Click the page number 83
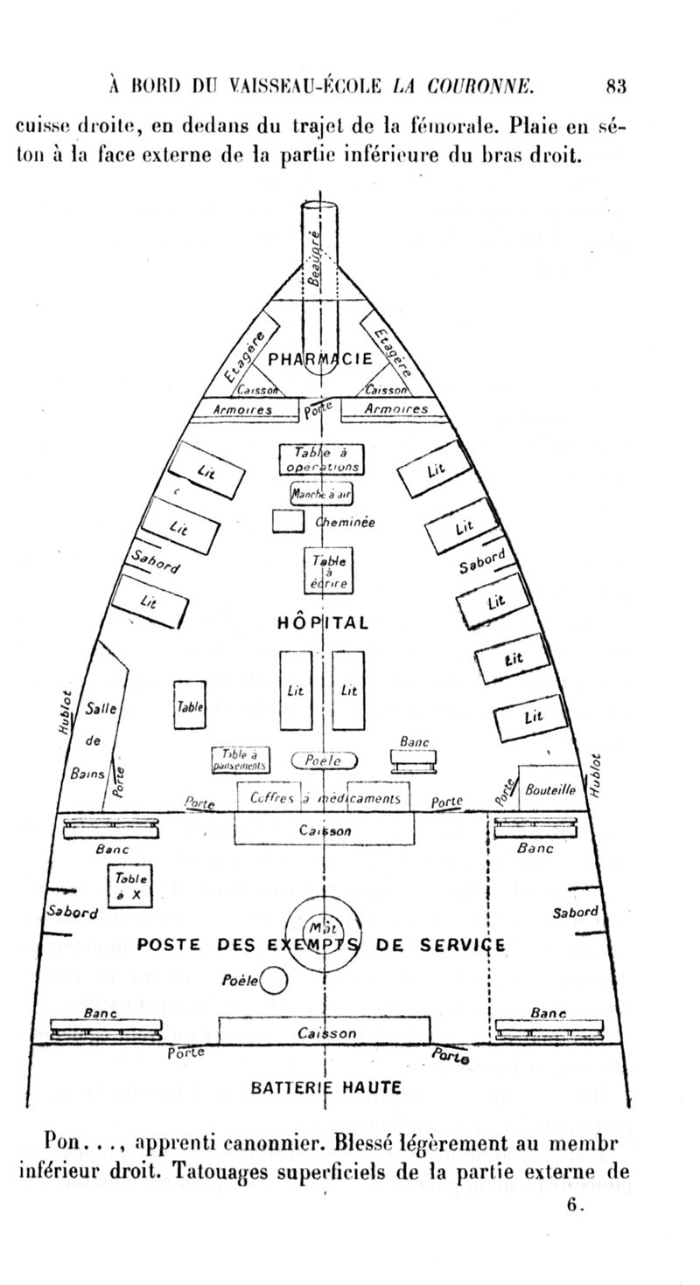point(615,86)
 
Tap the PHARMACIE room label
point(320,359)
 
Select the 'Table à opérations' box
point(321,460)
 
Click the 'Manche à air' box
point(321,493)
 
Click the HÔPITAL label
point(323,623)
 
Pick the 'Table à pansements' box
point(241,761)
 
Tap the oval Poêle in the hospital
point(323,761)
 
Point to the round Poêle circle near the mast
point(275,981)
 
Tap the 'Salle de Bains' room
point(99,739)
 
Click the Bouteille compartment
point(549,788)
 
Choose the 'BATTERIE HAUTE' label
point(325,1088)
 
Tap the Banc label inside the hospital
point(414,742)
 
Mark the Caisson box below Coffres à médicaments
point(324,830)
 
